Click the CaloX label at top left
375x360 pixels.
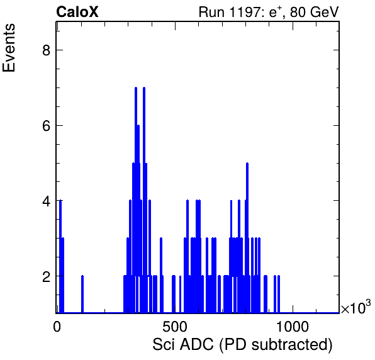[77, 12]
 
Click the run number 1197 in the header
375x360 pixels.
[245, 12]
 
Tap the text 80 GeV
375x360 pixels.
[314, 12]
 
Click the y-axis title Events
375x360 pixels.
[9, 48]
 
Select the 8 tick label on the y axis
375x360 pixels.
[47, 50]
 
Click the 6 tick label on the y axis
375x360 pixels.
[47, 126]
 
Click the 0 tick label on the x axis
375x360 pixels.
[57, 327]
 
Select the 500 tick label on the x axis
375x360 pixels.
[175, 327]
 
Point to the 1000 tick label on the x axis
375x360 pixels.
[293, 327]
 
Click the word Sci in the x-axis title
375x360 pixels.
[164, 344]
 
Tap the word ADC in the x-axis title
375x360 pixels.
[196, 344]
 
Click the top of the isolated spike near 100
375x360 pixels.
[82, 276]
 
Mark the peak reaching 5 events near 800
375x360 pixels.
[247, 163]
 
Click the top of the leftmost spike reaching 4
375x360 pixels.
[60, 201]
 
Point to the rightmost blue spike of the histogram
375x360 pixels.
[279, 276]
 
